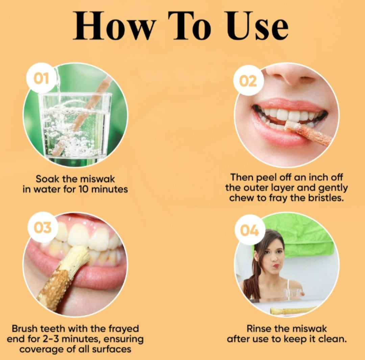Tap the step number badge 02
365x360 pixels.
point(248,81)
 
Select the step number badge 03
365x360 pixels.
point(42,227)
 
